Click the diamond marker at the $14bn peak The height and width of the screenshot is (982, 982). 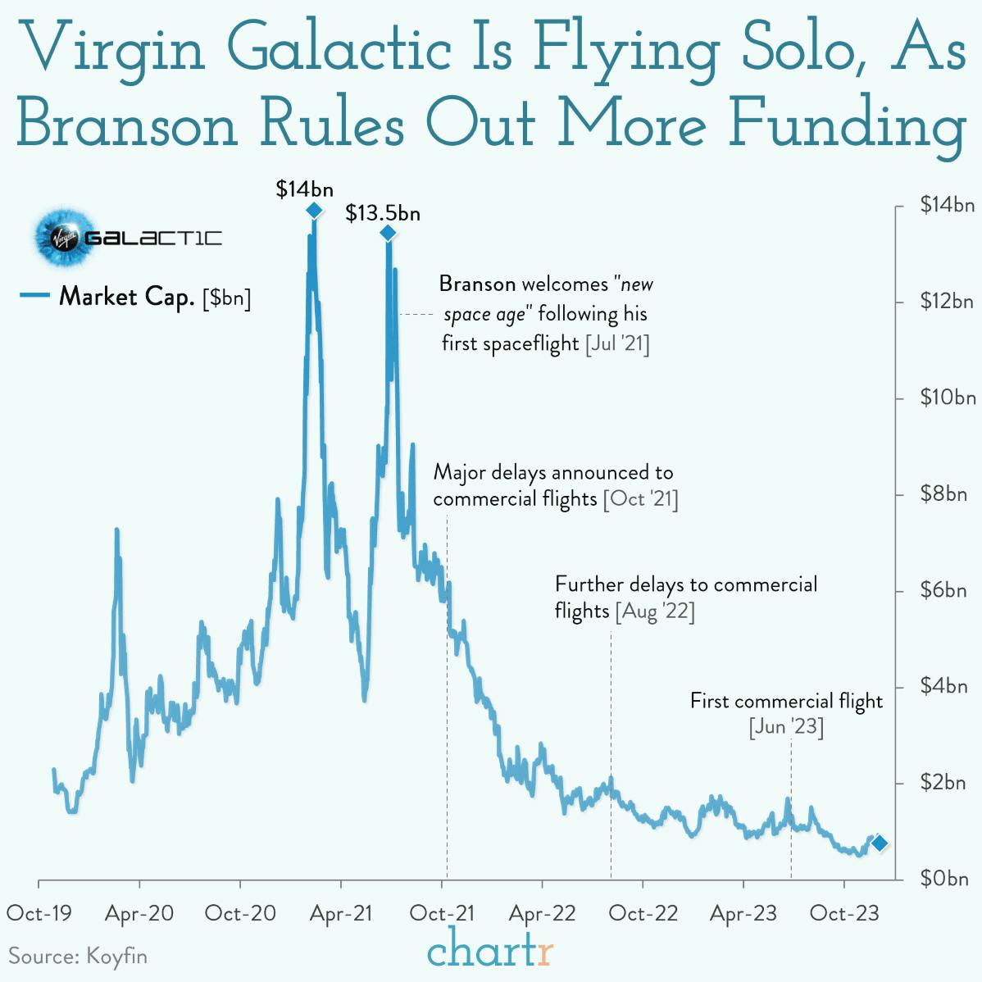[314, 211]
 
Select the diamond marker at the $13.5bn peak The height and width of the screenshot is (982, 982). [388, 234]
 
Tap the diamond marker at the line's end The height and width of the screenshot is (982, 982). [879, 843]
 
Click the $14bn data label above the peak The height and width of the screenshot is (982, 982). [304, 189]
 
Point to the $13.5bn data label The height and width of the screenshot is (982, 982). [382, 213]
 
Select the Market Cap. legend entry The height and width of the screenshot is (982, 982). [135, 297]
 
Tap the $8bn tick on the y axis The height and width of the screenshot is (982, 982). [943, 494]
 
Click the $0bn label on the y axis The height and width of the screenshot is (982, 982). [943, 879]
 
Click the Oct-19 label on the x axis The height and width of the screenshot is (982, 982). [39, 913]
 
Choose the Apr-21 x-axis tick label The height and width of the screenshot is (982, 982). [341, 913]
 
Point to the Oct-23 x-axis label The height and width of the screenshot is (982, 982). [843, 913]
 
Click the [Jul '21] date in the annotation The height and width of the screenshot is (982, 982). [617, 343]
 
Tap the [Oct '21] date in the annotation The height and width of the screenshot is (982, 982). [640, 499]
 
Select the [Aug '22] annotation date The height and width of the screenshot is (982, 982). [655, 611]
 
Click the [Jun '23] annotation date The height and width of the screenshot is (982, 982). [786, 727]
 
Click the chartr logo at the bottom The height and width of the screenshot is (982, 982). [490, 951]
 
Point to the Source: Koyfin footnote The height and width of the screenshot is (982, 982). [78, 956]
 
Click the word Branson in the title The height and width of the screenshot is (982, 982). [127, 125]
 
